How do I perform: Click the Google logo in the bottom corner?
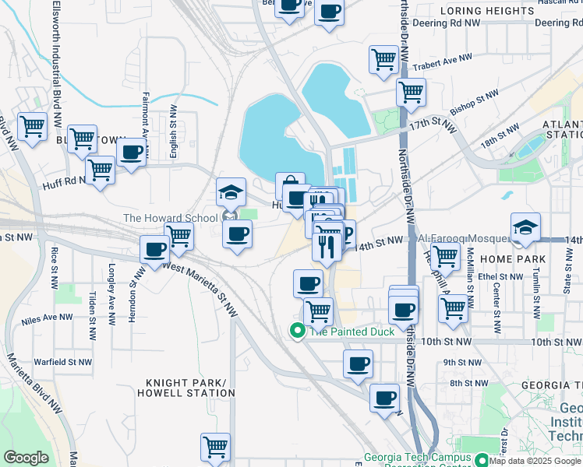click(26, 458)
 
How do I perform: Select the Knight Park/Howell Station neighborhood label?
click(190, 388)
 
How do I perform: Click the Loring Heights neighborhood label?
click(487, 11)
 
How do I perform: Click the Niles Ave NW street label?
click(48, 319)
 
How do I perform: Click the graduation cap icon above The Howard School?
click(231, 191)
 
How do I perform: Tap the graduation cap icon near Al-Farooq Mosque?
click(526, 226)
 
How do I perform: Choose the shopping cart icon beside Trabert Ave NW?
click(383, 58)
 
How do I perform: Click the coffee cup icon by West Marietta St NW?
click(155, 250)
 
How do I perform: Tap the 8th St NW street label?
click(465, 382)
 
